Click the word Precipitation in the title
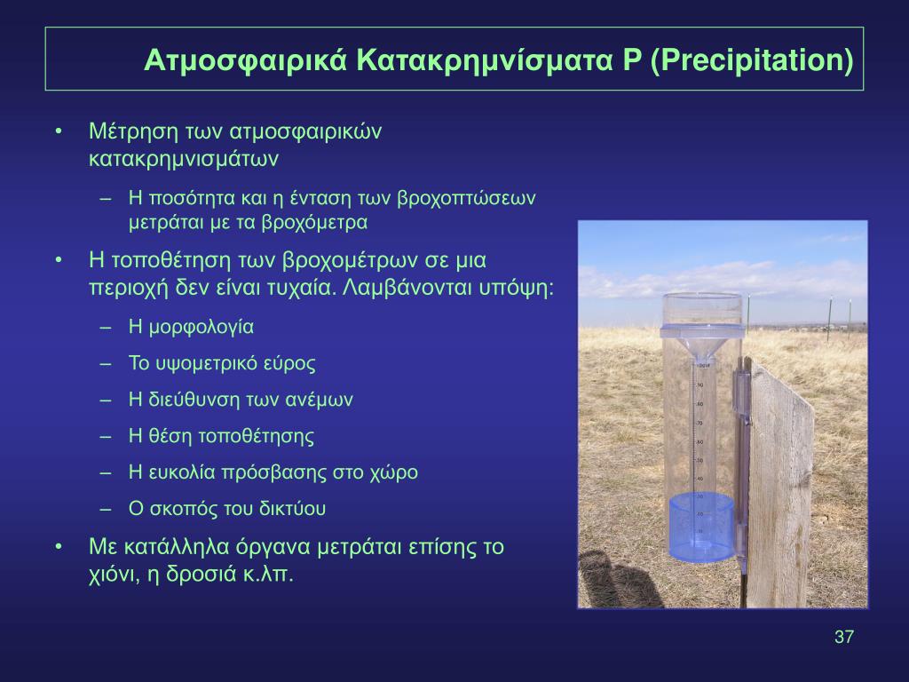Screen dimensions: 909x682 coord(751,59)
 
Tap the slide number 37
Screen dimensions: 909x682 coord(843,637)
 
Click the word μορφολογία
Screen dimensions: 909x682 coord(202,327)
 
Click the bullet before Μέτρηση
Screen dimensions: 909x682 coord(58,131)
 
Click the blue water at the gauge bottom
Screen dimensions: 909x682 coord(701,526)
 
